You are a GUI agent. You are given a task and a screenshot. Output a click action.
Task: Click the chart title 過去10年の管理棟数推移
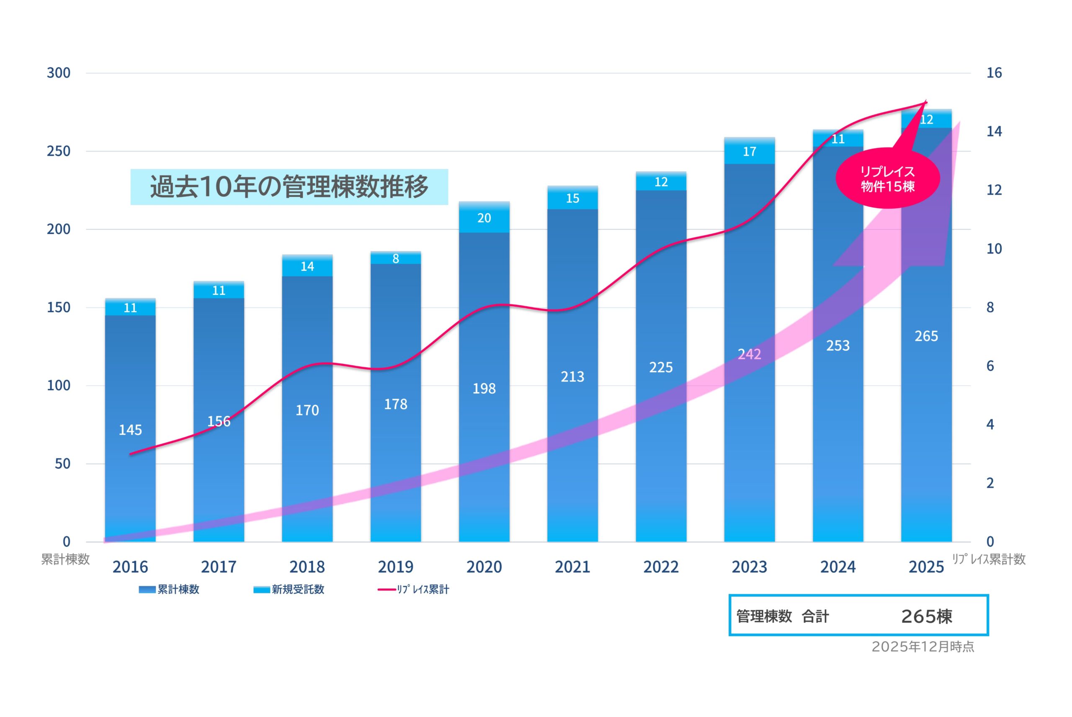[289, 186]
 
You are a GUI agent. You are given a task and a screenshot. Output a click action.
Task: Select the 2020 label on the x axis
[484, 567]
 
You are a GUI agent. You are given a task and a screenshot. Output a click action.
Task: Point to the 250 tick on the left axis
[59, 151]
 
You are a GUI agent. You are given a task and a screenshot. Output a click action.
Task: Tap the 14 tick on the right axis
[994, 132]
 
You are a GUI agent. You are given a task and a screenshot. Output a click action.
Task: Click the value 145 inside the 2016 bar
[130, 430]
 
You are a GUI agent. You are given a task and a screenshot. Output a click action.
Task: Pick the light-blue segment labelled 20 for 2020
[484, 218]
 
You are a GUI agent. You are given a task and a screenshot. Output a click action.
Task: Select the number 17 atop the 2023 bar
[749, 152]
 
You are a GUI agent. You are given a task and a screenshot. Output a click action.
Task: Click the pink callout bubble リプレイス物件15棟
[887, 179]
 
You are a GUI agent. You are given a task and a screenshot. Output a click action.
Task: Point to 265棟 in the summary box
[926, 616]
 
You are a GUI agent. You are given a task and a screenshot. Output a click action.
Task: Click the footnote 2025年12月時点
[923, 647]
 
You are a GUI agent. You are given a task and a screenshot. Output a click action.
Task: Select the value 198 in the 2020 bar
[484, 389]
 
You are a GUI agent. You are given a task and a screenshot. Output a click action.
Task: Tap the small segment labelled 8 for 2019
[395, 259]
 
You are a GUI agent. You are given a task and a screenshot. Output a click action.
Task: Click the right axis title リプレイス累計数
[988, 559]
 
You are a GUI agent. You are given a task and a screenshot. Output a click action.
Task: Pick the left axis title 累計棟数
[65, 559]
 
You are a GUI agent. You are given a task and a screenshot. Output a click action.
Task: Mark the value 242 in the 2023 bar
[749, 354]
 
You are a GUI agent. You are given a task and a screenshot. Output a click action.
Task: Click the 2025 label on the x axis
[926, 567]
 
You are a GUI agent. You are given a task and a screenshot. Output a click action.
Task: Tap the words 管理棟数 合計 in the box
[782, 616]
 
